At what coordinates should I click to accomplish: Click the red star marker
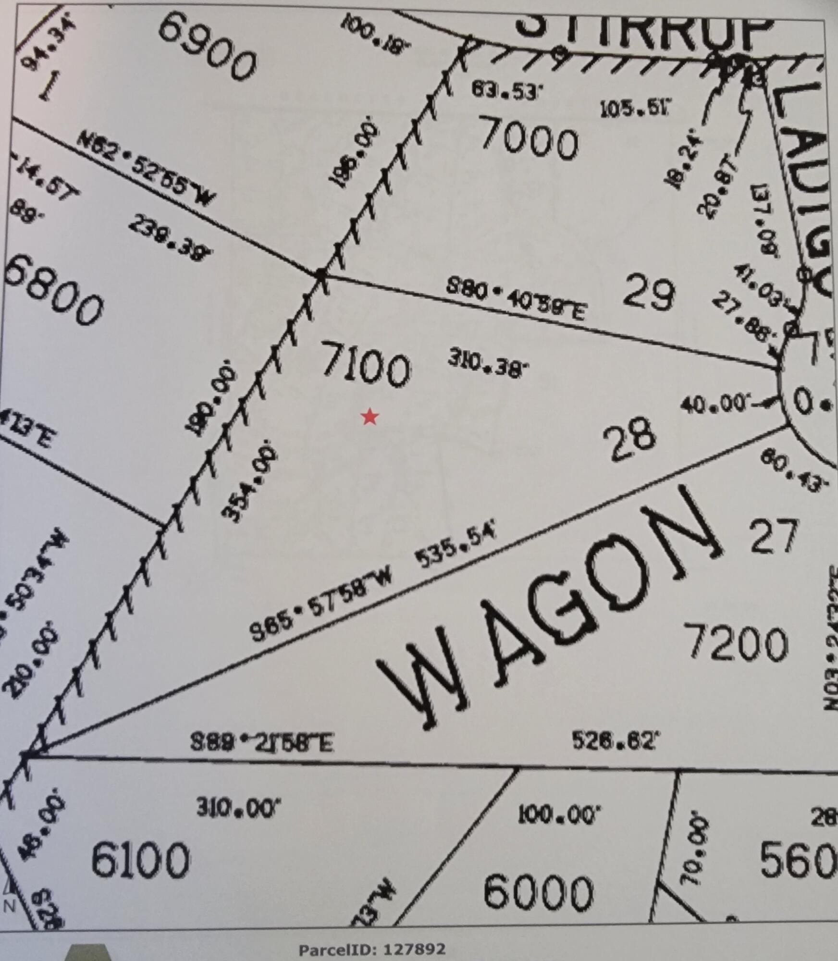(370, 417)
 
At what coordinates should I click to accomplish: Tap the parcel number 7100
(366, 364)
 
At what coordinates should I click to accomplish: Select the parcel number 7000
(529, 139)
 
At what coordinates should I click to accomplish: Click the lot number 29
(649, 294)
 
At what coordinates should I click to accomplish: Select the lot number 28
(629, 439)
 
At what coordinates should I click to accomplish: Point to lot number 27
(774, 536)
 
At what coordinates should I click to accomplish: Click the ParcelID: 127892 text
(372, 949)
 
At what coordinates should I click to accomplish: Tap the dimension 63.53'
(503, 90)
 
